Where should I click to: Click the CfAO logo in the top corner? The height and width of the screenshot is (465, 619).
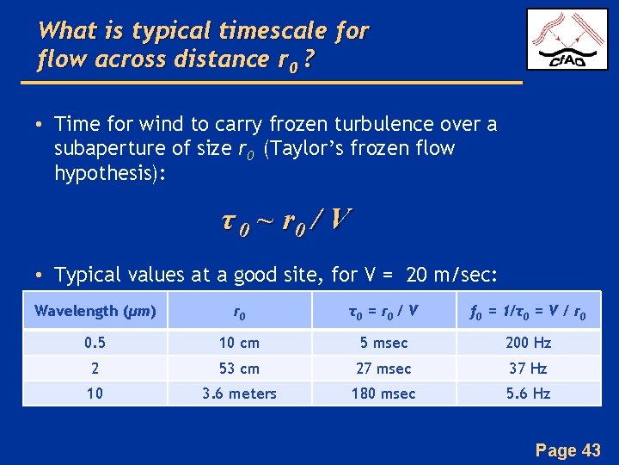567,40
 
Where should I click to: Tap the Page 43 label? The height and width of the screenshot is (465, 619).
567,449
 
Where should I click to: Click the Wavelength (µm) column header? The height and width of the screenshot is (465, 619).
95,311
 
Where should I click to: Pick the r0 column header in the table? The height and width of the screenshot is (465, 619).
238,311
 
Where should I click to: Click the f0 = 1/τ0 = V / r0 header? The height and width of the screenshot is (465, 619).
528,311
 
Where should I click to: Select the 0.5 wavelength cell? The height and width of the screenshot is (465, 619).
95,343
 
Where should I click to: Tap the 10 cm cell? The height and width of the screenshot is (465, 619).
238,343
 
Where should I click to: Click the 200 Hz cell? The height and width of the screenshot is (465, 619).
528,343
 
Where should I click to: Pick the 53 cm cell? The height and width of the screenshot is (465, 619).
238,369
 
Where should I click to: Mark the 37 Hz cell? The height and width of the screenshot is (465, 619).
528,369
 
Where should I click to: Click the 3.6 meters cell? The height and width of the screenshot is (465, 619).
238,394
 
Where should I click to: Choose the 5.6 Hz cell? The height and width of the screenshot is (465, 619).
528,394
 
